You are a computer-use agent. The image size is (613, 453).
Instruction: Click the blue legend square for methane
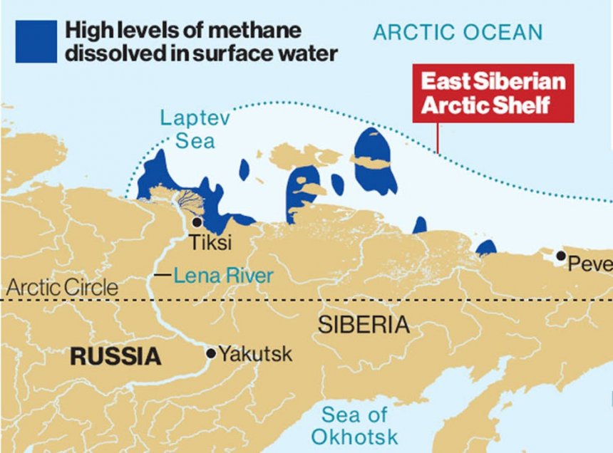(x=36, y=41)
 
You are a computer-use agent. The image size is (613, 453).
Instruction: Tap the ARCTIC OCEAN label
(x=458, y=32)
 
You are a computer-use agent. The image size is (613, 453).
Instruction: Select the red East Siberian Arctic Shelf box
(x=493, y=93)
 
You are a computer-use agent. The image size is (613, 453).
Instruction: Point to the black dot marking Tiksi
(x=197, y=222)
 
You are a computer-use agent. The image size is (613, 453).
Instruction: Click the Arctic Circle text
(x=62, y=288)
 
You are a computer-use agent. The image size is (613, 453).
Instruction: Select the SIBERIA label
(x=364, y=326)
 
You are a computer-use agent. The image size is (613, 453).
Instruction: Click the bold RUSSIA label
(x=115, y=356)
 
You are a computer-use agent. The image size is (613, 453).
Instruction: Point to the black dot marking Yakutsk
(x=210, y=353)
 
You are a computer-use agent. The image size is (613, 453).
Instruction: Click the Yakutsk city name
(x=255, y=353)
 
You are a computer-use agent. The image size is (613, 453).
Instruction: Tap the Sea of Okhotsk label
(x=354, y=425)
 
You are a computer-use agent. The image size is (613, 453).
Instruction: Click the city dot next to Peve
(x=562, y=256)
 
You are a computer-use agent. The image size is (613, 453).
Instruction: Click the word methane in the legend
(x=256, y=31)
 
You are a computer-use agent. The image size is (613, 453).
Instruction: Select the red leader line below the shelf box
(x=438, y=138)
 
